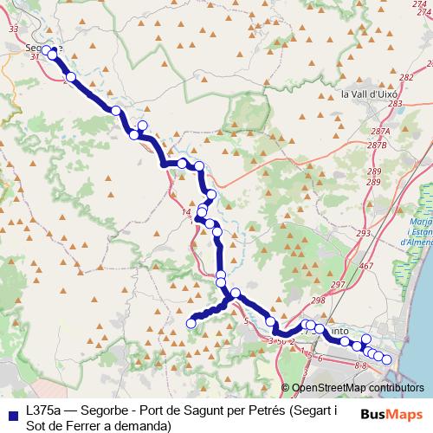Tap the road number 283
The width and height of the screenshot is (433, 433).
[395, 104]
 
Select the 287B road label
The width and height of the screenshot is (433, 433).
[377, 145]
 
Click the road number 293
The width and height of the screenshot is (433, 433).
[363, 234]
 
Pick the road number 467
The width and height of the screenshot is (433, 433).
[366, 265]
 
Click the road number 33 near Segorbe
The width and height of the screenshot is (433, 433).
[12, 29]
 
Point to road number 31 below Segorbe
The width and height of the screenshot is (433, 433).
[36, 57]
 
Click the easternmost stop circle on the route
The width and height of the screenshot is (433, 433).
[387, 359]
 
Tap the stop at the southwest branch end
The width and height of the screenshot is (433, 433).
[191, 323]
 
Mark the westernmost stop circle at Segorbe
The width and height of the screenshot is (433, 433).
[46, 49]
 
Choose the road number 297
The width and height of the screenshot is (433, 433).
[338, 285]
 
